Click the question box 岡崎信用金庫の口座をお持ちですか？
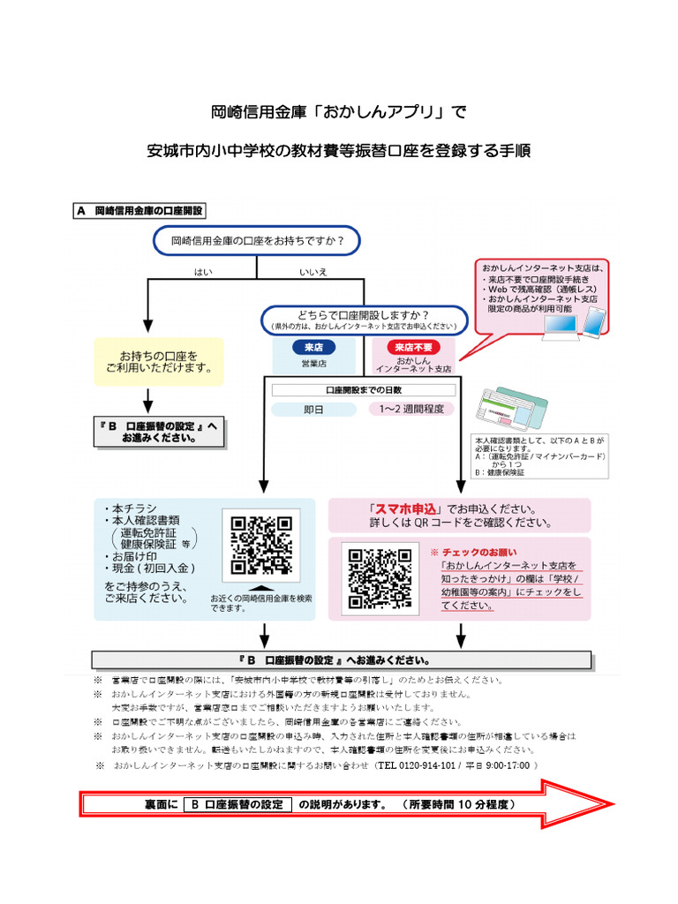point(257,240)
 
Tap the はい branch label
point(204,272)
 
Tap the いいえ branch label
point(313,272)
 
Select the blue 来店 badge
point(314,347)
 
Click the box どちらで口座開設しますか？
point(364,320)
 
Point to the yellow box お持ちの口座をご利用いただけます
point(159,361)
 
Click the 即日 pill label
point(314,409)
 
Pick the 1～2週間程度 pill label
point(412,409)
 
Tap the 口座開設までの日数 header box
point(364,389)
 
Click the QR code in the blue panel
point(261,546)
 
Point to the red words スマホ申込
point(407,509)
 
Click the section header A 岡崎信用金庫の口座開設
point(141,211)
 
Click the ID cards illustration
point(511,409)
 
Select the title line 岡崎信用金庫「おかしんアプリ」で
point(338,113)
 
